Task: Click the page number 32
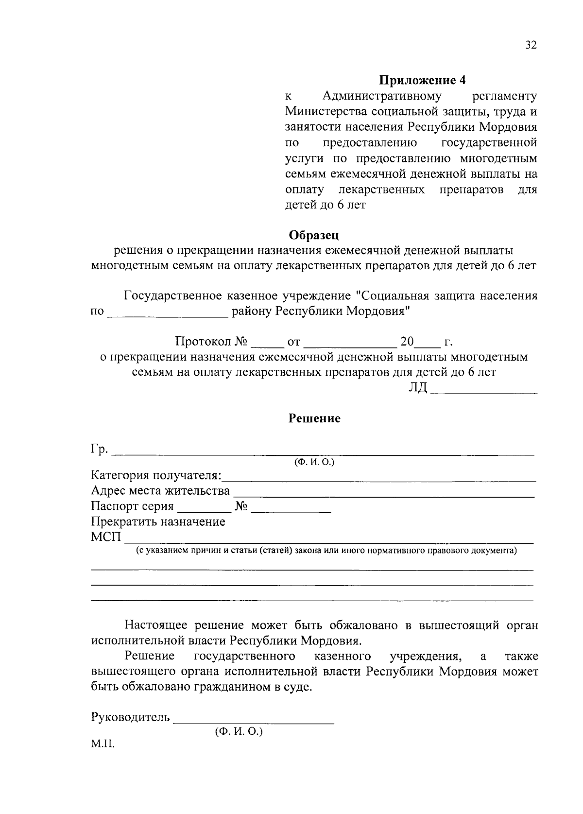[531, 46]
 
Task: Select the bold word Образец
[314, 235]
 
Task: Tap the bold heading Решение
[315, 419]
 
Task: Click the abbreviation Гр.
[100, 449]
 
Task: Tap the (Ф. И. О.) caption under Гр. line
[314, 462]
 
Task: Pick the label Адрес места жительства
[160, 491]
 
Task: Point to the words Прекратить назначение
[158, 522]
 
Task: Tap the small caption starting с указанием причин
[326, 551]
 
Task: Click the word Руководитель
[130, 717]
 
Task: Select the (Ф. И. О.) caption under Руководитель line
[238, 731]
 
